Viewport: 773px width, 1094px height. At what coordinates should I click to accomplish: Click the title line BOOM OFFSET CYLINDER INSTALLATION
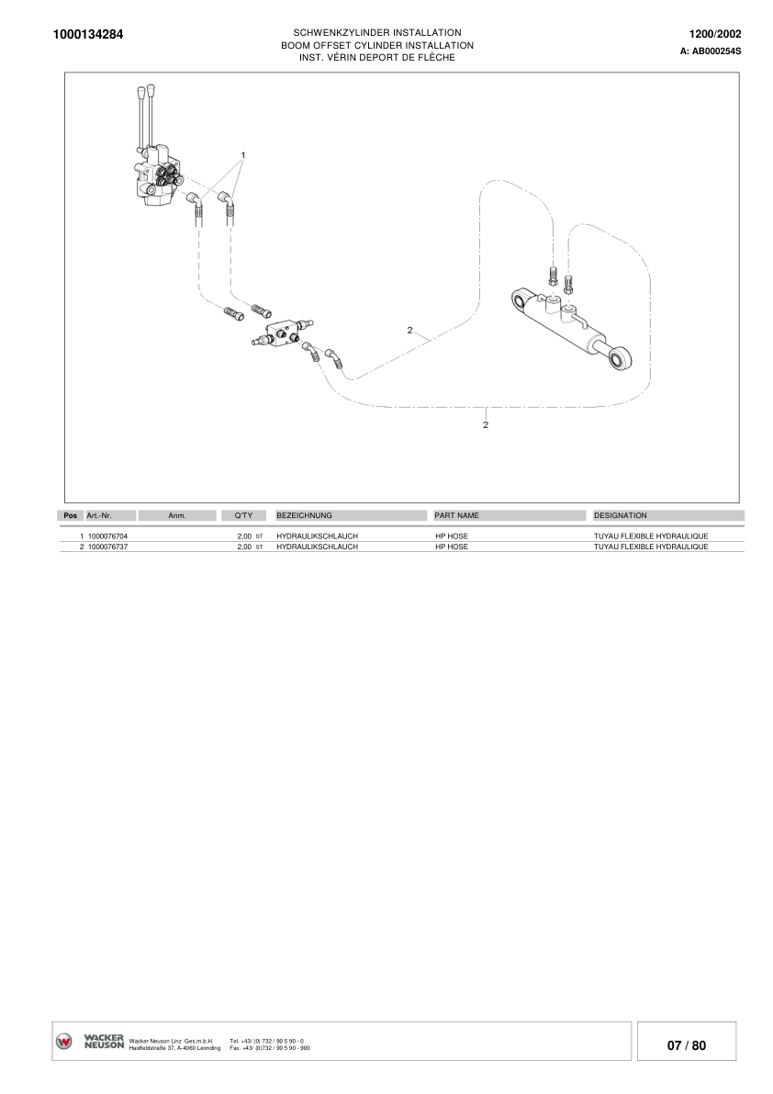(376, 45)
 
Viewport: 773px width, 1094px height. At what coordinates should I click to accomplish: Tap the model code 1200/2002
(715, 34)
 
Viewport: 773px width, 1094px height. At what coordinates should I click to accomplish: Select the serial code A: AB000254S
(710, 52)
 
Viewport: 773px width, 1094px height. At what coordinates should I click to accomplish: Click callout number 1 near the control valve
(243, 153)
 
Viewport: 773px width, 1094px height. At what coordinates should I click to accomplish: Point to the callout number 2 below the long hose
(485, 424)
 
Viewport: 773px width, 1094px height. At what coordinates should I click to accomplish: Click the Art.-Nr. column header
(99, 515)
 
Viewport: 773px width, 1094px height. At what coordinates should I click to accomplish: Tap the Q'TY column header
(243, 515)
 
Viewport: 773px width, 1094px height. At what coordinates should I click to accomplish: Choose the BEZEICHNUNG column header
(304, 515)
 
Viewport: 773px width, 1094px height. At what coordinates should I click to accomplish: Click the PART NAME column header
(456, 515)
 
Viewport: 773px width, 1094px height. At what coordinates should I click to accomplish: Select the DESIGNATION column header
(621, 515)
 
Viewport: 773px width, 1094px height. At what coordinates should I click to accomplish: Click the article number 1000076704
(107, 536)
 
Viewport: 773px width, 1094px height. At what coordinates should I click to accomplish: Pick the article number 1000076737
(107, 547)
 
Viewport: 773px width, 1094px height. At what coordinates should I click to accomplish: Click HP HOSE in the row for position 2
(451, 547)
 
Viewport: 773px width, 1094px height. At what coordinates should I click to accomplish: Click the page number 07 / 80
(686, 1045)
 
